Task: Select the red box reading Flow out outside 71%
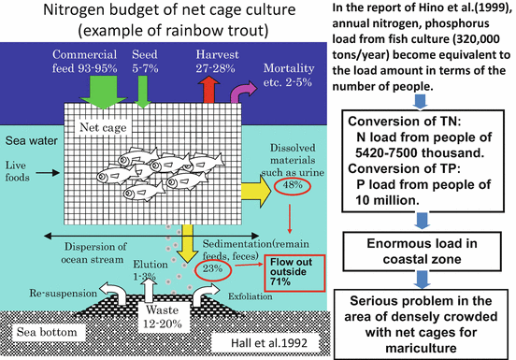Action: [x=294, y=271]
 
